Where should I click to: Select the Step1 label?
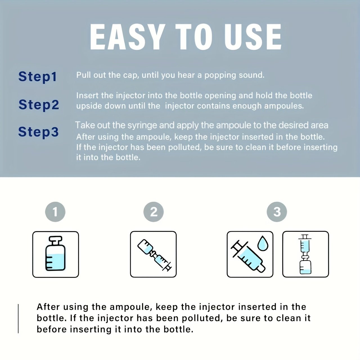pyautogui.click(x=37, y=76)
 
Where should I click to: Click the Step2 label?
pyautogui.click(x=39, y=104)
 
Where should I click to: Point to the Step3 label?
pyautogui.click(x=38, y=132)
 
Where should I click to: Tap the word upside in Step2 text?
pyautogui.click(x=89, y=106)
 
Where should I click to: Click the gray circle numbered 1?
pyautogui.click(x=55, y=212)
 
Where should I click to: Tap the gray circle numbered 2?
pyautogui.click(x=154, y=212)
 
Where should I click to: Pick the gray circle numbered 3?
pyautogui.click(x=277, y=212)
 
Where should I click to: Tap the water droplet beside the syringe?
pyautogui.click(x=263, y=243)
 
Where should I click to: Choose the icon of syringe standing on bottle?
pyautogui.click(x=305, y=254)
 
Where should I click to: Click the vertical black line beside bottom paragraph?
pyautogui.click(x=18, y=319)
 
